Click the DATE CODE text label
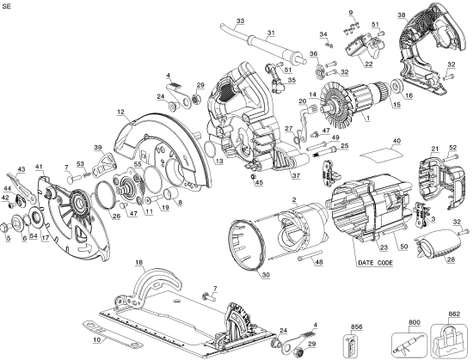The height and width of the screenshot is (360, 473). pyautogui.click(x=375, y=262)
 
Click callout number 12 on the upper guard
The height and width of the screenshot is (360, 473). pyautogui.click(x=121, y=113)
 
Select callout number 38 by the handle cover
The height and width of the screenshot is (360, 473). pyautogui.click(x=402, y=15)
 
